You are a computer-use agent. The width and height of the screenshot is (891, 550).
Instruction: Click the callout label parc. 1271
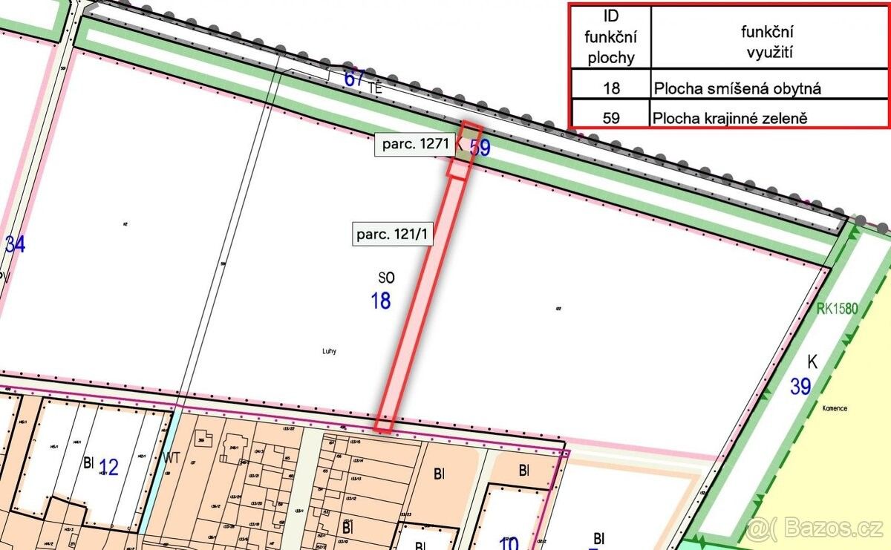click(x=415, y=145)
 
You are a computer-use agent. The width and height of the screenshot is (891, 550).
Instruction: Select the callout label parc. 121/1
click(x=392, y=235)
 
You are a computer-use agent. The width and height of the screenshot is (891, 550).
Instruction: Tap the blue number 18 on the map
click(x=381, y=301)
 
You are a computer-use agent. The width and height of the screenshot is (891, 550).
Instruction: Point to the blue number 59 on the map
click(x=480, y=148)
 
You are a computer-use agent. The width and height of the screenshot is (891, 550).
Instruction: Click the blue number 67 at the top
click(x=355, y=79)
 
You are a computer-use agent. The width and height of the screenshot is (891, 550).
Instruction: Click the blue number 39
click(x=800, y=387)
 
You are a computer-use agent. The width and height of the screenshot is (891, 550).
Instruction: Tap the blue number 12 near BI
click(x=108, y=468)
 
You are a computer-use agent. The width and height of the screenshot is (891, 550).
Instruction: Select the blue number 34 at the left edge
click(x=15, y=244)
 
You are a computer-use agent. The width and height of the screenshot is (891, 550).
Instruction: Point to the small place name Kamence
click(x=835, y=408)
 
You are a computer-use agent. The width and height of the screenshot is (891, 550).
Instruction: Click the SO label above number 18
click(x=386, y=278)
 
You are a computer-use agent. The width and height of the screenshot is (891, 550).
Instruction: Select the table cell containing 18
click(x=610, y=88)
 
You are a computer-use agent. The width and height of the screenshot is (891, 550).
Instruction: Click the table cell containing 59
click(x=610, y=117)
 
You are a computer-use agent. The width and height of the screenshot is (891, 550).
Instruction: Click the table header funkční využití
click(x=768, y=41)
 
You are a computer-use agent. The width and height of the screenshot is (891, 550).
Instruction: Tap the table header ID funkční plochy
click(x=610, y=37)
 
